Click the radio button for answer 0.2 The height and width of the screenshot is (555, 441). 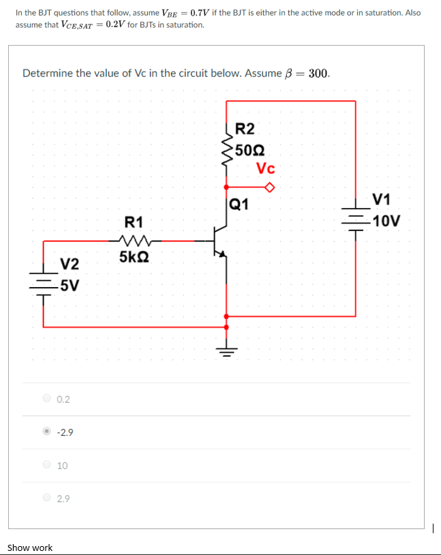(x=46, y=399)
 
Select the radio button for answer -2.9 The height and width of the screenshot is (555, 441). (x=46, y=432)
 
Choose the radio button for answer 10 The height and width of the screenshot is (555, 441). (x=46, y=465)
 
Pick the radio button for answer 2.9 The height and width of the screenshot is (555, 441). (x=46, y=498)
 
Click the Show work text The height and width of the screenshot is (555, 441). (x=30, y=547)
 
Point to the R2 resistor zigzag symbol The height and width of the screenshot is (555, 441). (x=226, y=148)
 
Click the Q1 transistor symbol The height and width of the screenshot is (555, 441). (x=220, y=243)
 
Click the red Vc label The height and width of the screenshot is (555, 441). (x=266, y=168)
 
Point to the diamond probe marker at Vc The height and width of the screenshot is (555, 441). (x=270, y=187)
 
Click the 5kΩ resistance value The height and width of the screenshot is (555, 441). (x=134, y=257)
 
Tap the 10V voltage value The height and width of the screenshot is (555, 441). (x=386, y=221)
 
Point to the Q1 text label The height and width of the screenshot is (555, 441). (x=239, y=204)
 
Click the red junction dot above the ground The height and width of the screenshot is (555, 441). (x=226, y=316)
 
